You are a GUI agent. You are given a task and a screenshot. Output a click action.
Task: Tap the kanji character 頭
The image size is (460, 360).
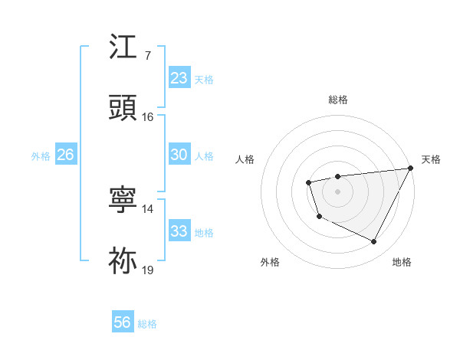(x=123, y=108)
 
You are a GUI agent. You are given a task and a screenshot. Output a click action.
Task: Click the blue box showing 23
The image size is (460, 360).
(x=179, y=78)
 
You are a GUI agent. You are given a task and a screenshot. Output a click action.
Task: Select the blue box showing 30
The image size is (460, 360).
(x=179, y=155)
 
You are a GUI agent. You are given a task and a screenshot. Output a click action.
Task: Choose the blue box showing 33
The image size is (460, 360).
(x=179, y=231)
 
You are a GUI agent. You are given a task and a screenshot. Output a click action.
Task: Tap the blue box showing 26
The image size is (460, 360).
(x=65, y=155)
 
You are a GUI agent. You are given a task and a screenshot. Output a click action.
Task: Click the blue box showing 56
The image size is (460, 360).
(x=122, y=322)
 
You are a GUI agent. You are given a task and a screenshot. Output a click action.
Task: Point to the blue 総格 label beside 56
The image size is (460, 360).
(x=148, y=324)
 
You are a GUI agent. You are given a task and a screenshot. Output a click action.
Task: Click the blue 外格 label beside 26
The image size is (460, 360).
(x=41, y=156)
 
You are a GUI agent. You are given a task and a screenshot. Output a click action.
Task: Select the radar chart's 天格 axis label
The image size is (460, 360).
(x=431, y=159)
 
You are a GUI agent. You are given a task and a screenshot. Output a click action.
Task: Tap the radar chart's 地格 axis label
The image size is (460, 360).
(x=402, y=262)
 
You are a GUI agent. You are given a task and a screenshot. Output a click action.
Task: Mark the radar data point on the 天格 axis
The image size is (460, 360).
(x=411, y=168)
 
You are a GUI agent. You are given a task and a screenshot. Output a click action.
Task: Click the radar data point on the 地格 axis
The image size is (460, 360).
(x=374, y=242)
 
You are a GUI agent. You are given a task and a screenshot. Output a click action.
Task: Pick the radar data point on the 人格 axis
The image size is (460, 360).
(x=308, y=182)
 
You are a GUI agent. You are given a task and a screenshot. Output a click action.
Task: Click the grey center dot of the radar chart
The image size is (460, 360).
(x=337, y=191)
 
